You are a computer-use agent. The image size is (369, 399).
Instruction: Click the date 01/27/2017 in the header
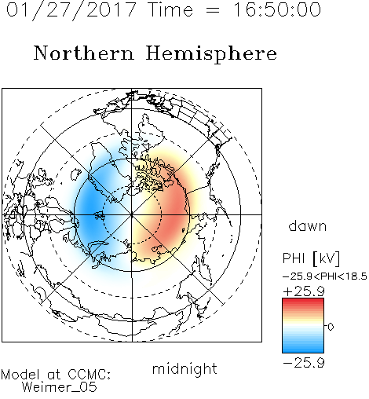click(x=71, y=10)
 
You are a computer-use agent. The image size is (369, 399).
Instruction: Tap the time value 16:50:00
click(x=277, y=9)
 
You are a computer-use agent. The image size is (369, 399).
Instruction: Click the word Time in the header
click(x=170, y=9)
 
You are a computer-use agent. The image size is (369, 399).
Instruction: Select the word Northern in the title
click(x=84, y=53)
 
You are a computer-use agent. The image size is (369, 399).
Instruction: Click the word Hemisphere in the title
click(x=211, y=54)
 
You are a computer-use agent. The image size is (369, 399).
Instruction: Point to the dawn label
click(x=308, y=226)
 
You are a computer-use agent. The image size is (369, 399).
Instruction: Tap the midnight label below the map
click(x=184, y=369)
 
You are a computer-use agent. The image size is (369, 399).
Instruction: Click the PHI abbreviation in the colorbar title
click(x=294, y=258)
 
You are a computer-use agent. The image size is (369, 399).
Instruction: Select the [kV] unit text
click(x=327, y=258)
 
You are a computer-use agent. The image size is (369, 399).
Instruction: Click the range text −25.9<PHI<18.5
click(x=325, y=276)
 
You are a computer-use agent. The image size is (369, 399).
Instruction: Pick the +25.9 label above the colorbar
click(x=304, y=291)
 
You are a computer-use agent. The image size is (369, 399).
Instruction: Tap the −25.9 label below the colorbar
click(x=304, y=363)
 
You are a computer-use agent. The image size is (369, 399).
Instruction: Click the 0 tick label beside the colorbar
click(x=331, y=327)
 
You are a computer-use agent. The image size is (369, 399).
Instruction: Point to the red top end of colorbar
click(x=303, y=300)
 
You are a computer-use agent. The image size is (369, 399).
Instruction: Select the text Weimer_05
click(x=60, y=387)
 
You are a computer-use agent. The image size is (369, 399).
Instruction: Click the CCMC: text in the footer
click(x=90, y=375)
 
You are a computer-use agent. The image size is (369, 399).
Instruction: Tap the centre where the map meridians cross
click(x=132, y=215)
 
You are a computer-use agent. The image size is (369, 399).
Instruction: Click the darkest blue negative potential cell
click(x=90, y=210)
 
